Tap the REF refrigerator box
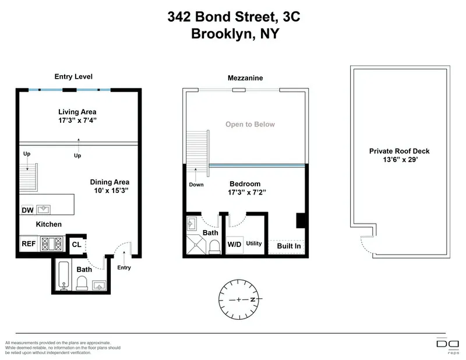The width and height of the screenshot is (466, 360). point(28,244)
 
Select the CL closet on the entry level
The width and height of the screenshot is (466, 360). point(77,245)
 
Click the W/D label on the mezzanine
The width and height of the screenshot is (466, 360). point(235,244)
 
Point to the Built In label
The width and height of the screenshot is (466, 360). point(288,246)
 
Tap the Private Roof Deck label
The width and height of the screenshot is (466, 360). point(399,151)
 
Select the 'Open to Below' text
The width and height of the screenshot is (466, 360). point(250,124)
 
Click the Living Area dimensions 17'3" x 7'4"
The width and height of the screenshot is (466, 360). point(77,121)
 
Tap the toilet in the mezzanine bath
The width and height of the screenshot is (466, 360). point(213,247)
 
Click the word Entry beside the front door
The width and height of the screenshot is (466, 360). point(124,268)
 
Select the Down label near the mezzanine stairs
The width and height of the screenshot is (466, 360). point(196,185)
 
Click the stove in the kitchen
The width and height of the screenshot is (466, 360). point(51,244)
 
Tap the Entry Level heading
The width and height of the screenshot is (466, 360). point(73,76)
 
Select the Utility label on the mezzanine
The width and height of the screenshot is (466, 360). point(254,243)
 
